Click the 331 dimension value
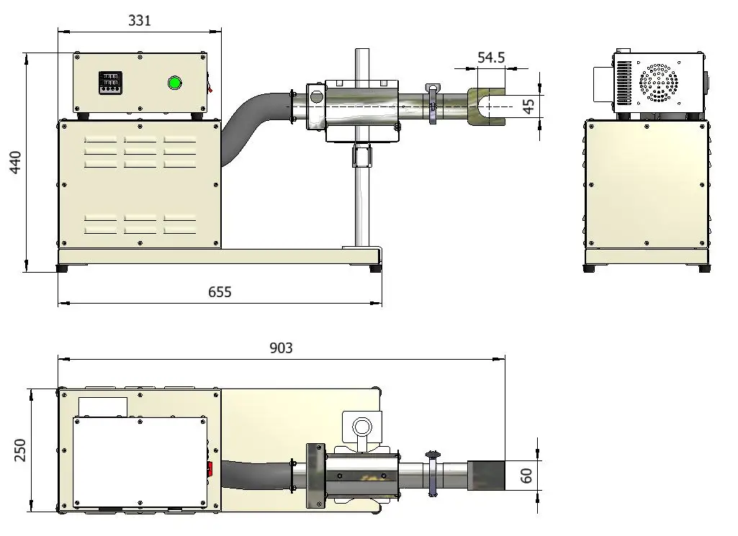tap(140, 21)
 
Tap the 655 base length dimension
tap(220, 292)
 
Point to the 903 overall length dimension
tap(281, 348)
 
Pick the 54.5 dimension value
tap(491, 58)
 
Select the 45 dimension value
tap(529, 106)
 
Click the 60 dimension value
tap(526, 476)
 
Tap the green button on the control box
tap(174, 83)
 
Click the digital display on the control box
tap(109, 83)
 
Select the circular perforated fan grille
tap(658, 83)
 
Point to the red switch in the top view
tap(210, 470)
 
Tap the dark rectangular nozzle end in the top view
tap(486, 476)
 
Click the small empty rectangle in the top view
tap(102, 406)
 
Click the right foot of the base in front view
tap(376, 268)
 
